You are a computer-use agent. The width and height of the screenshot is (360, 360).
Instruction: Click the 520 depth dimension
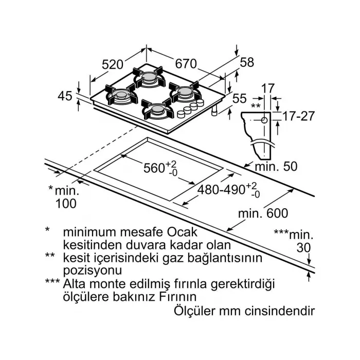click(x=113, y=64)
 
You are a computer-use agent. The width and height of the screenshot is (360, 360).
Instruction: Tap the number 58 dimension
click(x=247, y=63)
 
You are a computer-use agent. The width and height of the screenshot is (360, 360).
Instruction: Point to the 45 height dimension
click(x=64, y=96)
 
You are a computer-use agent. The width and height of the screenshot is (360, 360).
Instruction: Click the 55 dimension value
click(x=239, y=98)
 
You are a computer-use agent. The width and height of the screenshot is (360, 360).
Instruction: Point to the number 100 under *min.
click(x=66, y=203)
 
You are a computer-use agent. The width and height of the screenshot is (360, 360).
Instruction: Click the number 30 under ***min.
click(x=304, y=247)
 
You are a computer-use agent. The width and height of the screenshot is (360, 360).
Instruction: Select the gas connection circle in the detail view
click(x=264, y=119)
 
